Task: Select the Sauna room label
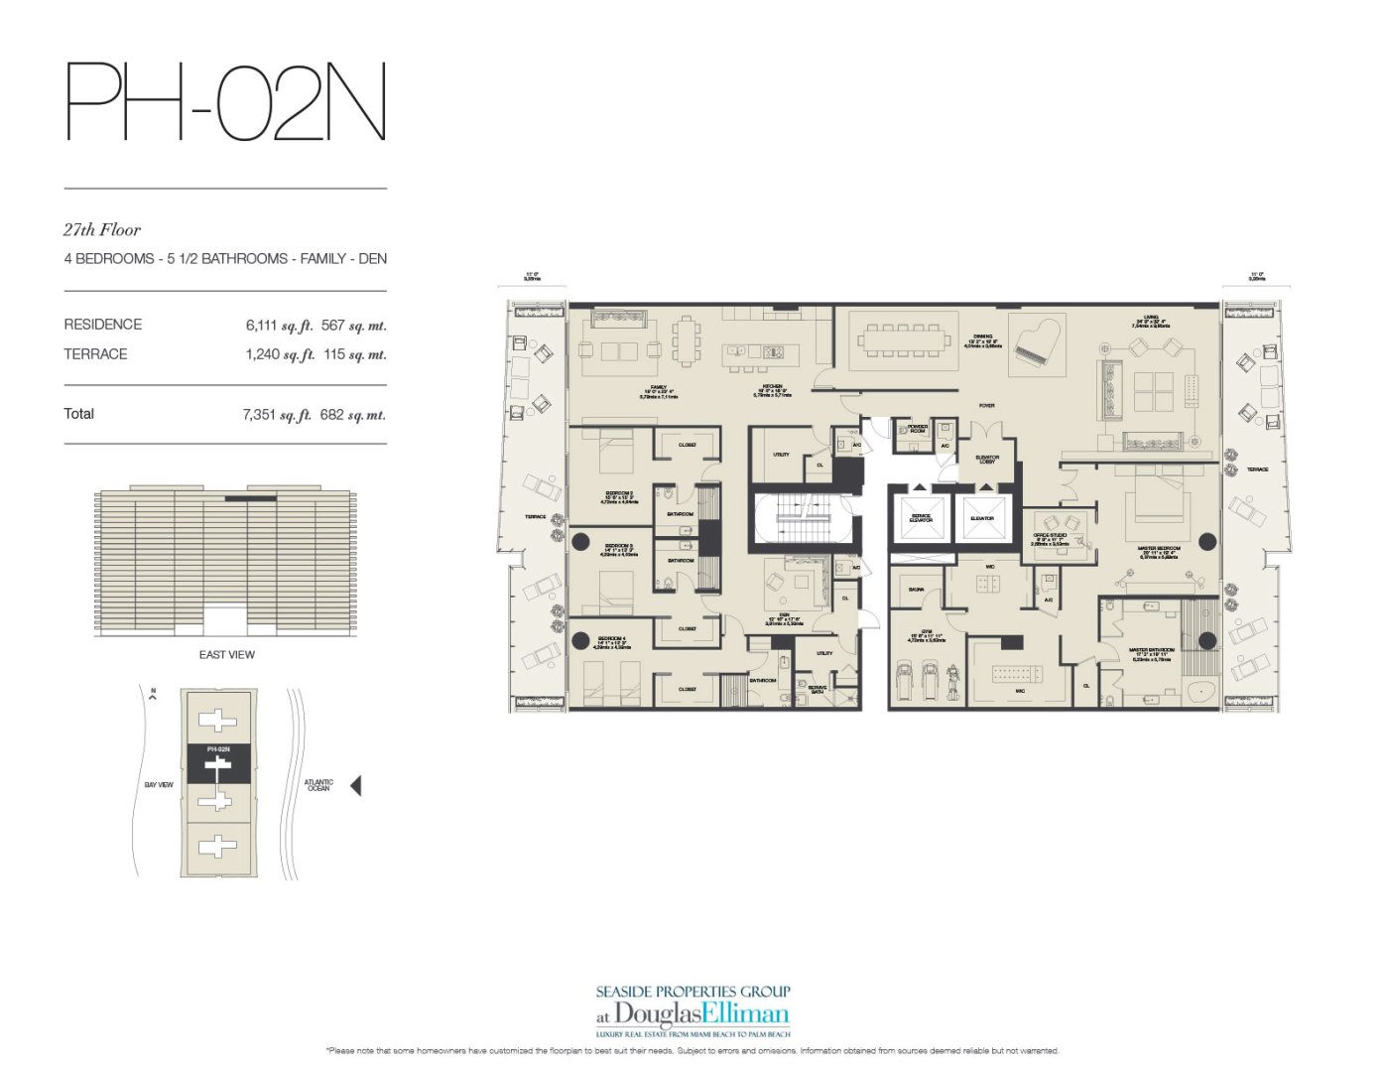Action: [x=916, y=590]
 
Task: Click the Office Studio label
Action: [x=1050, y=539]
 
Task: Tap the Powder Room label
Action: [x=917, y=429]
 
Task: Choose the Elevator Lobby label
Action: [x=986, y=460]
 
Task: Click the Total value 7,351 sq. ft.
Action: [x=277, y=415]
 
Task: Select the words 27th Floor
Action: [x=102, y=229]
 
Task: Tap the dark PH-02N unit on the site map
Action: [x=218, y=764]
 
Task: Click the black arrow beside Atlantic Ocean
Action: [x=355, y=785]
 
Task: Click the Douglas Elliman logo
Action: [x=693, y=1013]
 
